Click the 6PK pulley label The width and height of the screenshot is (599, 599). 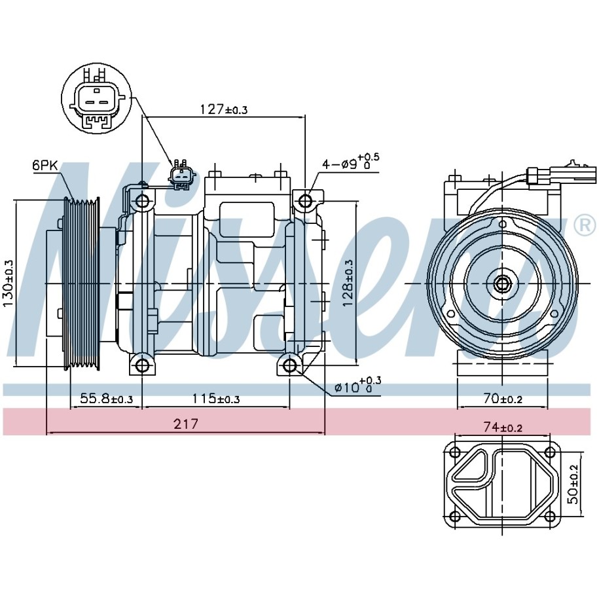coord(45,166)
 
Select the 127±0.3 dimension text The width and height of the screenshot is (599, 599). coord(224,109)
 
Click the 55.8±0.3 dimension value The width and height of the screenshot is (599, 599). coord(106,399)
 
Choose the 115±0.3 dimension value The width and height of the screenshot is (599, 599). coord(216,399)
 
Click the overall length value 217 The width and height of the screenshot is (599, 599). coord(186,424)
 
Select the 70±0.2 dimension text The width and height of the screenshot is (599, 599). coord(503,399)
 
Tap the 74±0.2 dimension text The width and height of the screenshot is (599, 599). coord(503,427)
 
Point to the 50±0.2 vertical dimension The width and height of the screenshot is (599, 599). coord(573,484)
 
